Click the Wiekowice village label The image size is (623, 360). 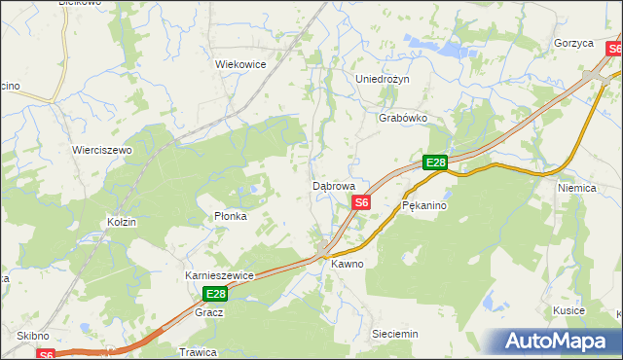tap(240, 64)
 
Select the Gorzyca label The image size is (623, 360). tap(573, 44)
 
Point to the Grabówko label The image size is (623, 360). tap(403, 118)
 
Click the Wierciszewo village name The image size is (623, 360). tap(102, 151)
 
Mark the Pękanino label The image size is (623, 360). tap(423, 206)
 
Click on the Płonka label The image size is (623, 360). tap(230, 216)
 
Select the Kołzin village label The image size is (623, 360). tap(122, 222)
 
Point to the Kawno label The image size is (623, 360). tap(347, 264)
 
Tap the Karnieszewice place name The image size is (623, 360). tap(219, 275)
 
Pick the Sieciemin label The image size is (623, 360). tap(395, 334)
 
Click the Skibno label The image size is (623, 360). tap(33, 335)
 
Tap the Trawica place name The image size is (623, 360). tap(197, 351)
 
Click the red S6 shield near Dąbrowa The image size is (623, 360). tap(361, 202)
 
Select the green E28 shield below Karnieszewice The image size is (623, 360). tap(215, 294)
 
